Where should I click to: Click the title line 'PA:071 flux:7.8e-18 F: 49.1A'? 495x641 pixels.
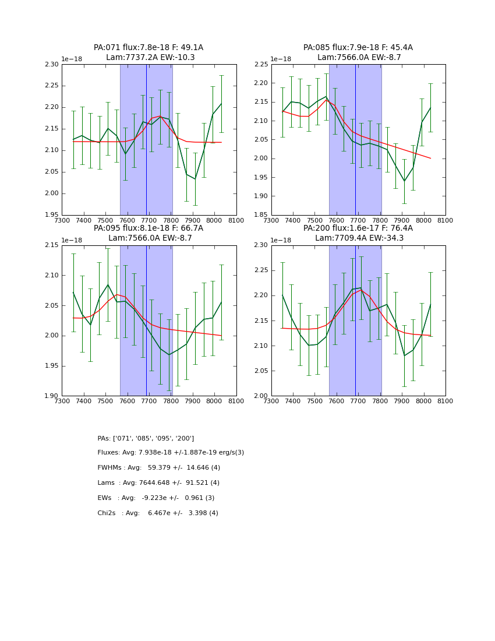click(x=148, y=48)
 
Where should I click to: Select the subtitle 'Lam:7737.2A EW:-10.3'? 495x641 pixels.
click(x=150, y=58)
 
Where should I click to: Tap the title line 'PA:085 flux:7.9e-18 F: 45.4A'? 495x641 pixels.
click(x=358, y=48)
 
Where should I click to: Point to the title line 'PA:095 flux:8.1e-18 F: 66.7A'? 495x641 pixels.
click(x=148, y=228)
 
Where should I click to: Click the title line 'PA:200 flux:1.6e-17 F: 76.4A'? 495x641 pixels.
click(x=358, y=228)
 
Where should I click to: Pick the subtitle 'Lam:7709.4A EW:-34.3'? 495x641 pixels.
click(x=358, y=238)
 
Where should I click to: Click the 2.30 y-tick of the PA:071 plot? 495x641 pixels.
click(x=52, y=65)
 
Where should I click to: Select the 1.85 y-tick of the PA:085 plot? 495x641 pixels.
click(x=261, y=215)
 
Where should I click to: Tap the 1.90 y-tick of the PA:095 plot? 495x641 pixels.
click(x=52, y=396)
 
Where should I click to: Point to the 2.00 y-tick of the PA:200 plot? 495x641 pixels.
click(x=261, y=396)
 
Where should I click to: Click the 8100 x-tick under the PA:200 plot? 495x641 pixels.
click(x=446, y=401)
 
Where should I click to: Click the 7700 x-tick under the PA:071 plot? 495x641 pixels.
click(x=149, y=221)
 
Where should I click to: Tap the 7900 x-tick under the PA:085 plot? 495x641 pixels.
click(x=402, y=221)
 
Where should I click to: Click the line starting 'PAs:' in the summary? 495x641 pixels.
click(x=146, y=438)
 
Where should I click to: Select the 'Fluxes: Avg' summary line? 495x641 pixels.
click(x=171, y=453)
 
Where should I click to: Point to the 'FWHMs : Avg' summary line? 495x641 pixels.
click(x=158, y=468)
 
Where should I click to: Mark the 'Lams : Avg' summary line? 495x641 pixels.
click(x=158, y=483)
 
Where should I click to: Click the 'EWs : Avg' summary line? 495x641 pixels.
click(x=156, y=498)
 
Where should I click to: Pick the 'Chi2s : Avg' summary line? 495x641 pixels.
click(x=158, y=513)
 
